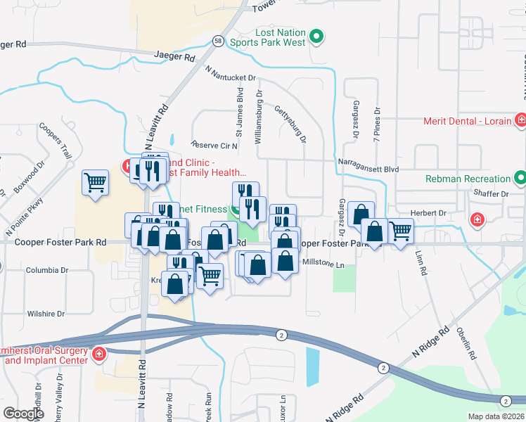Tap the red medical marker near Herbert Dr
[477, 220]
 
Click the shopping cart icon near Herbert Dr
[400, 230]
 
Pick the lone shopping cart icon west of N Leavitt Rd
[95, 182]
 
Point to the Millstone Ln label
[323, 264]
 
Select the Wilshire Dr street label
[46, 314]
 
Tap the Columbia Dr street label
[46, 270]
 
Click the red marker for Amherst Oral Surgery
[99, 353]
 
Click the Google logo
[23, 414]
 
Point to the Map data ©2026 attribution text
[496, 416]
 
